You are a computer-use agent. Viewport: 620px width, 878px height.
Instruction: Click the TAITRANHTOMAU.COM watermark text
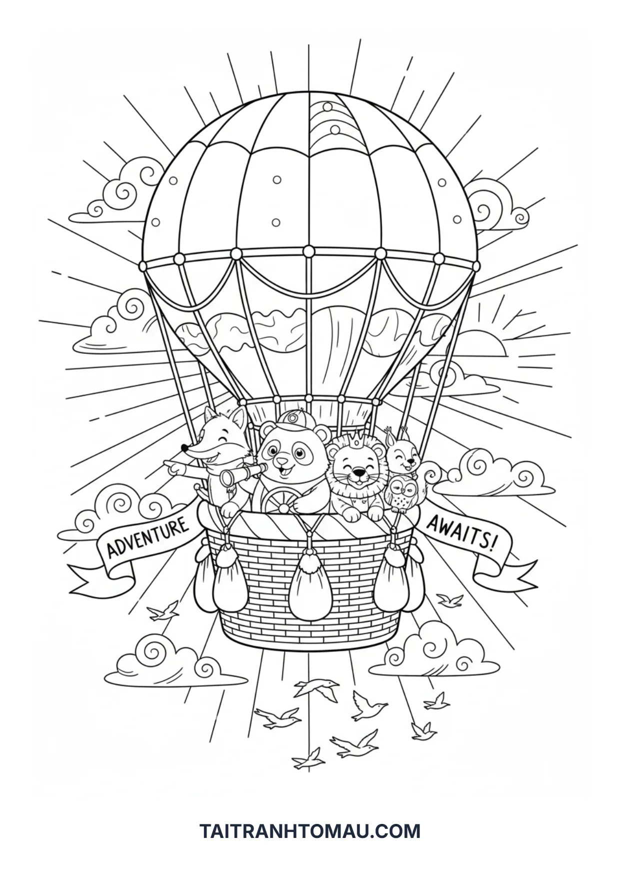click(x=310, y=831)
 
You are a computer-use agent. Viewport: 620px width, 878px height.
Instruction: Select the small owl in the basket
click(x=401, y=493)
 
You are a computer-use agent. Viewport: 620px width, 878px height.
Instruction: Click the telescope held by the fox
click(x=242, y=473)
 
